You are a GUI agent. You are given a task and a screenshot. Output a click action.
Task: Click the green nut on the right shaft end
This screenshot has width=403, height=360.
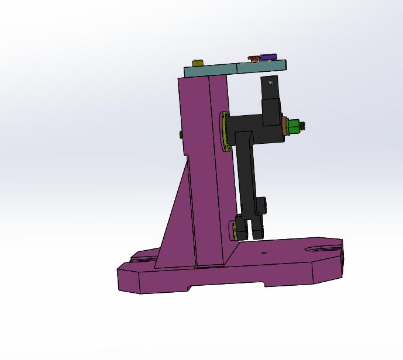click(x=294, y=125)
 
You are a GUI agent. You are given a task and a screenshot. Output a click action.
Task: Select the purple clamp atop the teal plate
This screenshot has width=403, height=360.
click(x=268, y=57)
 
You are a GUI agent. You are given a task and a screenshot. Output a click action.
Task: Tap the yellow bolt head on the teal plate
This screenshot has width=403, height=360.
click(x=198, y=63)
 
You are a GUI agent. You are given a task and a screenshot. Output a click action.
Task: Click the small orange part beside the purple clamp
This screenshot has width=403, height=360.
click(x=253, y=59)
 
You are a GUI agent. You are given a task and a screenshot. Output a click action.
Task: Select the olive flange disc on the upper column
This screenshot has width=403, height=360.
click(x=224, y=131)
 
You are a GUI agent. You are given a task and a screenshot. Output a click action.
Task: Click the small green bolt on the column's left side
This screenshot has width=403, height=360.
click(x=181, y=134)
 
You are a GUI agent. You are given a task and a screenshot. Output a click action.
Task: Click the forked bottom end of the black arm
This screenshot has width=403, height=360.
click(x=249, y=228)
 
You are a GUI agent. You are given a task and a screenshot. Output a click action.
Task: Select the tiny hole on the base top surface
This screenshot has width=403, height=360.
click(x=263, y=253)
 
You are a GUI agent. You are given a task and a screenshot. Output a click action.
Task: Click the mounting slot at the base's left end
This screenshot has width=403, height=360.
click(x=143, y=255)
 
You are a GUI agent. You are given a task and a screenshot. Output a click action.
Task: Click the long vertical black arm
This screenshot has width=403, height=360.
click(x=246, y=175)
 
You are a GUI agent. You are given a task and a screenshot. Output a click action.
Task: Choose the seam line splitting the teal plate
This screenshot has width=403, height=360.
click(x=237, y=68)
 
